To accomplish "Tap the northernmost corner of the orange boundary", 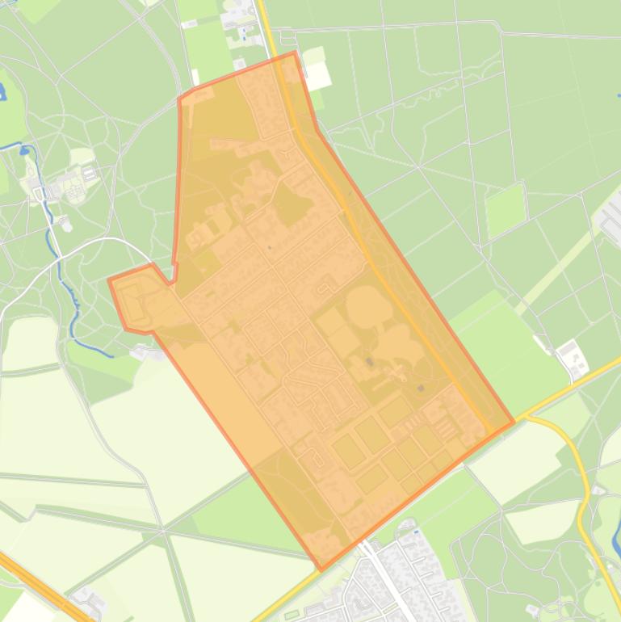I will pos(295,53).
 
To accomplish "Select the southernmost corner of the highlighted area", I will pos(321,569).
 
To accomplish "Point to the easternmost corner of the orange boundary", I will pos(513,422).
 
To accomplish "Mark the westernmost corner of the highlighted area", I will pos(110,280).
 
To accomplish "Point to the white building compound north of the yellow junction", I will pos(572,359).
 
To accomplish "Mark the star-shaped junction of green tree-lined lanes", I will pos(162,529).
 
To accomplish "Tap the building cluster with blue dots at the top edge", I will pos(238,16).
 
